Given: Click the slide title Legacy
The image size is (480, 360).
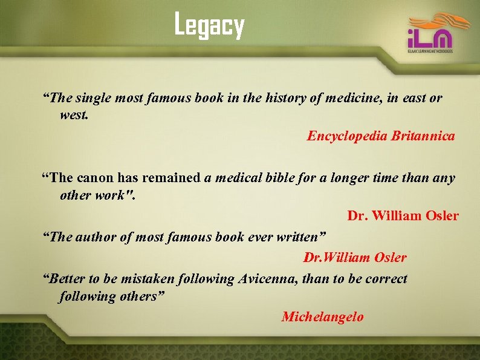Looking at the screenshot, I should click(209, 26).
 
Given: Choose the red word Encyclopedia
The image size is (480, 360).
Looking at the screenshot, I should click(347, 136).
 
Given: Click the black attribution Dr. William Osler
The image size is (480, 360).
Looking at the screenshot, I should click(403, 215).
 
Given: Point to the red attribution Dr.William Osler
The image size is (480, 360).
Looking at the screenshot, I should click(355, 258).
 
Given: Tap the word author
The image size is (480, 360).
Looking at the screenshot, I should click(96, 237).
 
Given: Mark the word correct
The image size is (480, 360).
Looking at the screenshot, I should click(382, 279).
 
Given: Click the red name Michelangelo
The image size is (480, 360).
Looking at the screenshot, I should click(323, 316).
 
